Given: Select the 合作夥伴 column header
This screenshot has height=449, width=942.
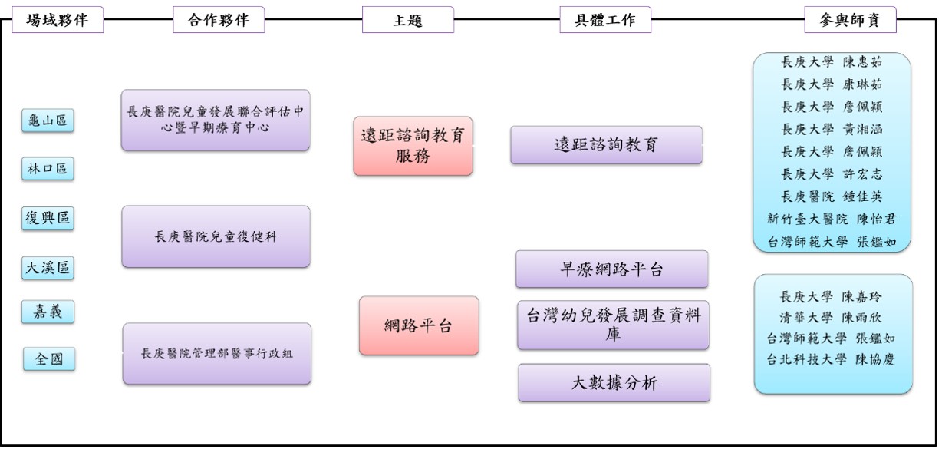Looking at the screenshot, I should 219,21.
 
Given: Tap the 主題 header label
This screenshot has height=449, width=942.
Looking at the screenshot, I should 407,21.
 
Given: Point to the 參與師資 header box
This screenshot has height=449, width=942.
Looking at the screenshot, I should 850,21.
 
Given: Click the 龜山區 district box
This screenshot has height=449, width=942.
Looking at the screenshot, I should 48,121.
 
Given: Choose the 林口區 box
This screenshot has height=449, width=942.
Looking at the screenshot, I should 48,170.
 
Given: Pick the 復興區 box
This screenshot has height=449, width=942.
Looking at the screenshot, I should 48,218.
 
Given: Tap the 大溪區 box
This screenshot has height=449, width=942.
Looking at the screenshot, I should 48,267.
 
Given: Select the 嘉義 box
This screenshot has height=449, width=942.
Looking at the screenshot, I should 48,312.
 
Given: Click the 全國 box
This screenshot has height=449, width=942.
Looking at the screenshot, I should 48,358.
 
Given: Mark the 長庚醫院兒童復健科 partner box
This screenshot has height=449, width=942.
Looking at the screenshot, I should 216,236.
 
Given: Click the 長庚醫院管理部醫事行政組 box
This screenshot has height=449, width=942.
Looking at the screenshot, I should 216,353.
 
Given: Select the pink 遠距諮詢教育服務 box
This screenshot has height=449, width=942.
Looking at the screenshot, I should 413,146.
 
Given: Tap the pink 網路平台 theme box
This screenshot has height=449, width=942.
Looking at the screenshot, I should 418,325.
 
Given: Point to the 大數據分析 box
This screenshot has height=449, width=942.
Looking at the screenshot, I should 614,382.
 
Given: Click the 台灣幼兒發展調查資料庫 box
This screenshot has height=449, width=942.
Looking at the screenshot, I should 613,325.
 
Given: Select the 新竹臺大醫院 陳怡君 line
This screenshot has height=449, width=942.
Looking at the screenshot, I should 831,219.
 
